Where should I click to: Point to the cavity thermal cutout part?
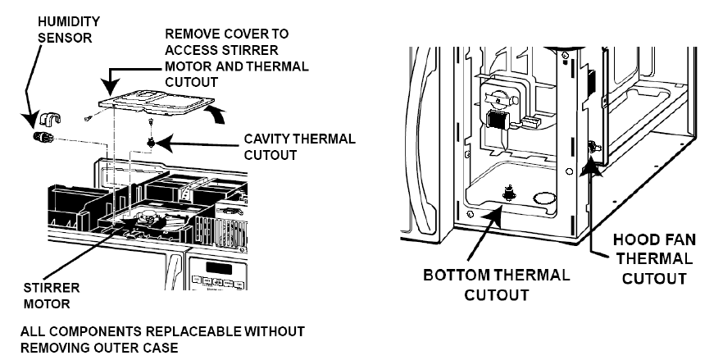coord(152,144)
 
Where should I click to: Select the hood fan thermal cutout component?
coord(591,148)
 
